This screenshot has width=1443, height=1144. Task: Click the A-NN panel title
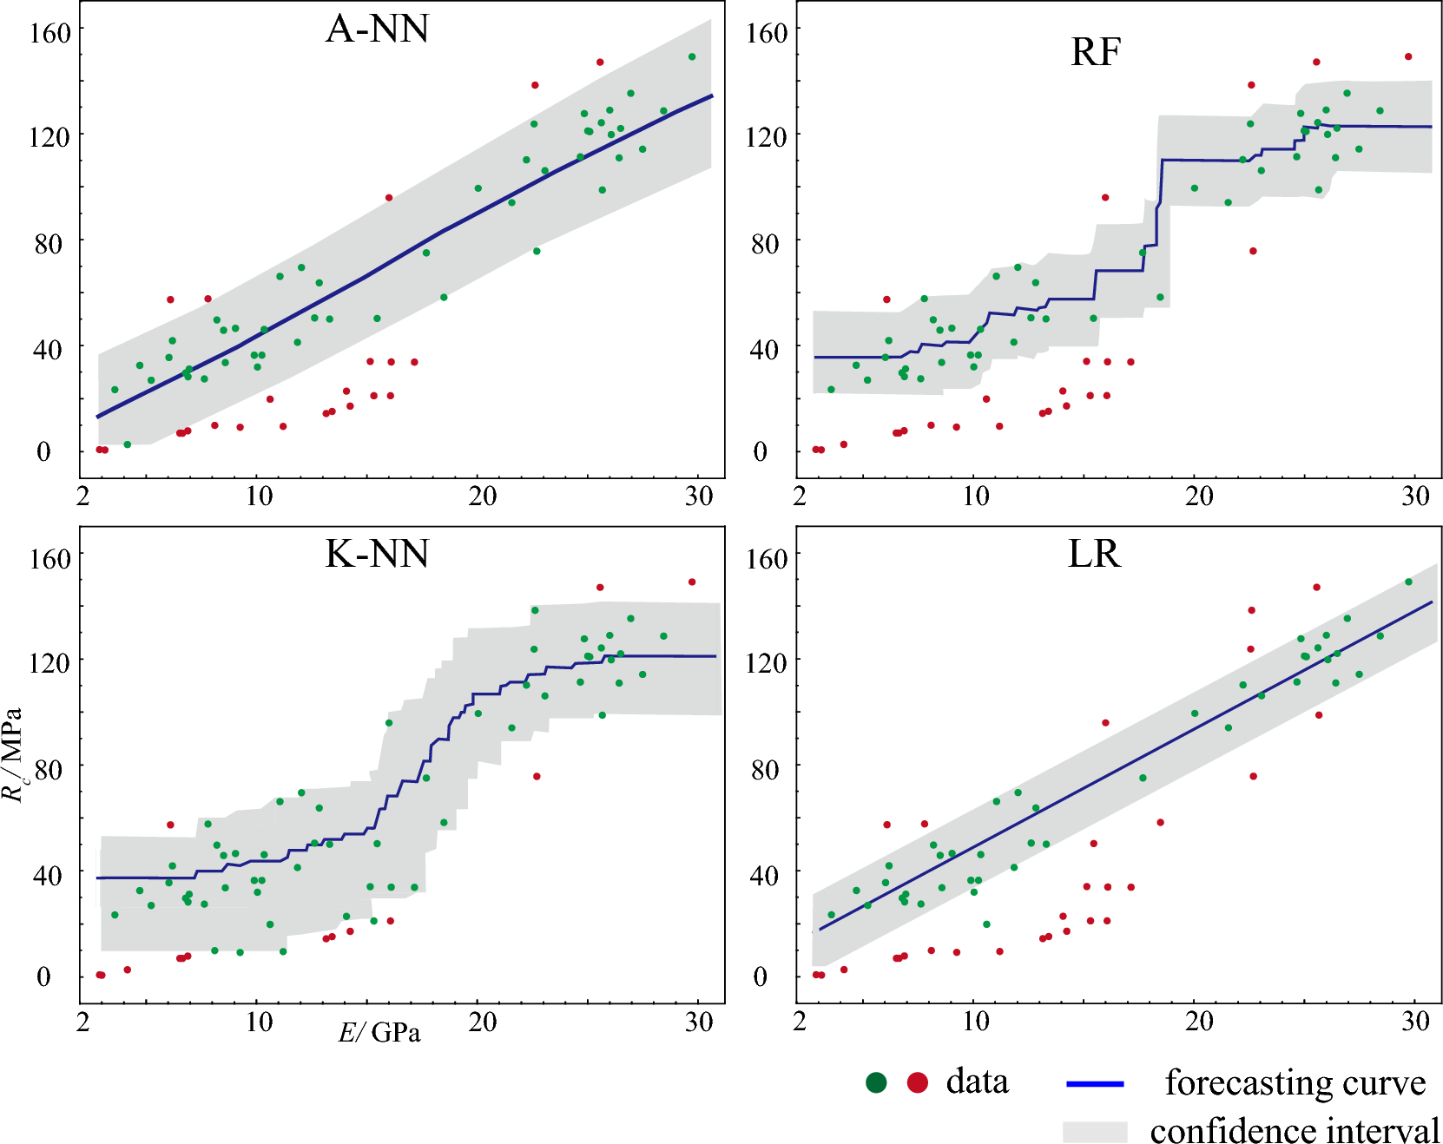(x=377, y=30)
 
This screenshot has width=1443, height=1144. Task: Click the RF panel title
(x=1095, y=52)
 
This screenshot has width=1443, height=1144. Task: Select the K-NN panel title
(x=377, y=554)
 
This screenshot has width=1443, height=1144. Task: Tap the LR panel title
(x=1093, y=554)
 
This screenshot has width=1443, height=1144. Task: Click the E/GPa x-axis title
(x=379, y=1032)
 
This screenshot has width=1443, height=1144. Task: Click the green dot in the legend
(x=876, y=1082)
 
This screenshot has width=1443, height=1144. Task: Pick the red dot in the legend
(x=917, y=1082)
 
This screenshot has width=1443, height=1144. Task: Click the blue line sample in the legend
(x=1094, y=1084)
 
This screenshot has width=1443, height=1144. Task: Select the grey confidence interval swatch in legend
(x=1094, y=1131)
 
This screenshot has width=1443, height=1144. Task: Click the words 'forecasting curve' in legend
(x=1295, y=1083)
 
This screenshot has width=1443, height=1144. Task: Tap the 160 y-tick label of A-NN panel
(x=49, y=34)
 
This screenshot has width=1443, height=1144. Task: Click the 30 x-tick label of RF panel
(x=1415, y=496)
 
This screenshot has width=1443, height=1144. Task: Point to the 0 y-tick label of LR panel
(x=760, y=976)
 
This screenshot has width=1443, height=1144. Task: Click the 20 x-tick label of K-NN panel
(x=483, y=1022)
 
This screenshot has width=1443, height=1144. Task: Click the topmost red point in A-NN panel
(x=600, y=62)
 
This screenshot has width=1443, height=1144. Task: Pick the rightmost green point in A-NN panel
(x=692, y=56)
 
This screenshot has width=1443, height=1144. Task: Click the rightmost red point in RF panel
(x=1408, y=56)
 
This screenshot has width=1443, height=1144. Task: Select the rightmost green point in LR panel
(x=1408, y=582)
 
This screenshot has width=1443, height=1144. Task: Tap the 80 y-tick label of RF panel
(x=764, y=244)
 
